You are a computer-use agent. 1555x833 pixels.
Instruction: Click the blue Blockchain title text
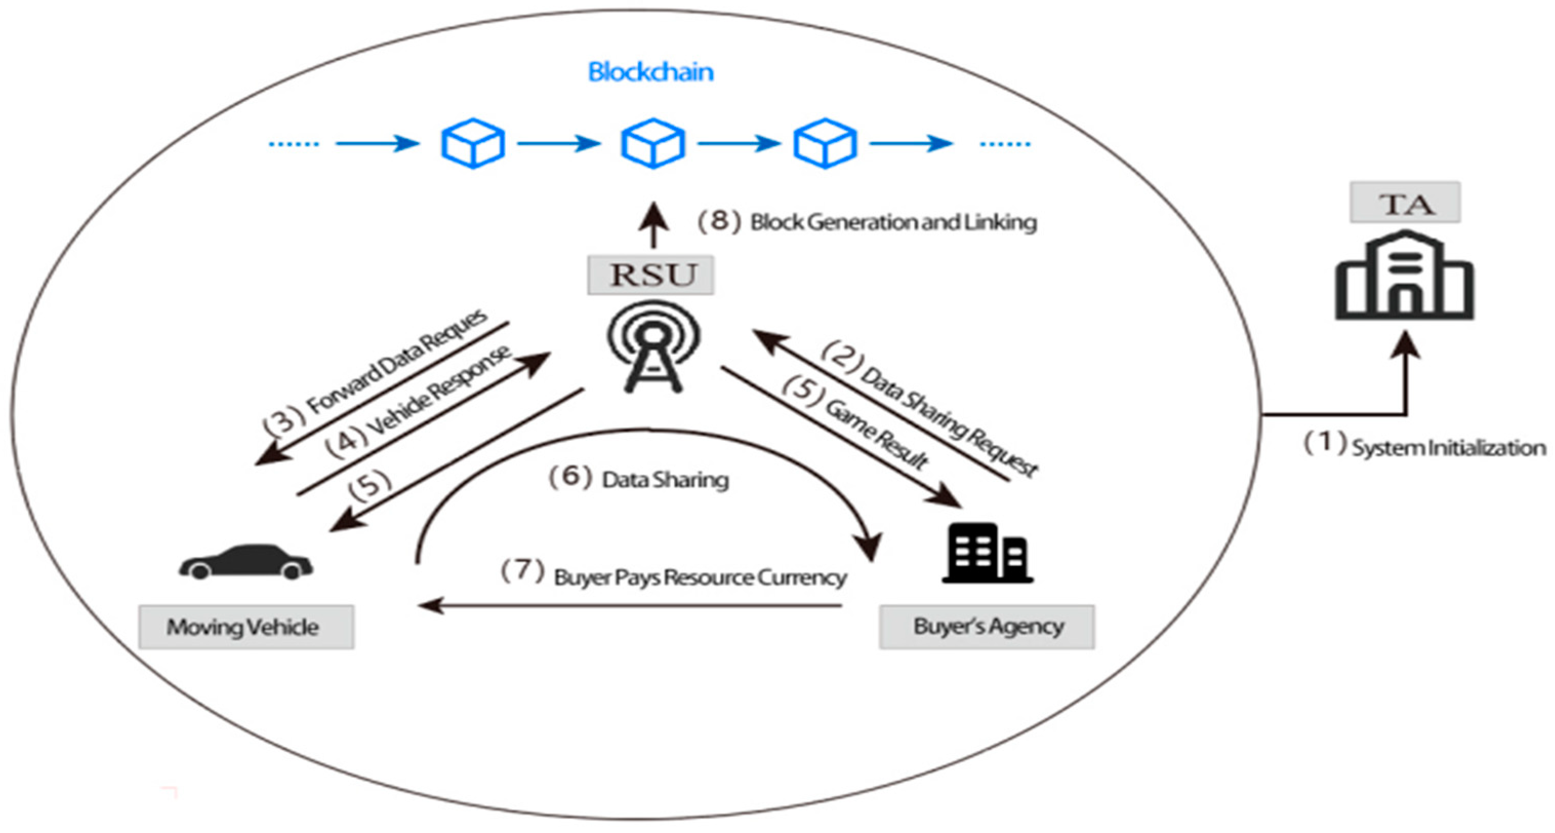(651, 72)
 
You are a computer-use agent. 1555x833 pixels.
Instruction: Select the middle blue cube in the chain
(653, 143)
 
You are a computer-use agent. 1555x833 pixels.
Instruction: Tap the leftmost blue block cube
(473, 143)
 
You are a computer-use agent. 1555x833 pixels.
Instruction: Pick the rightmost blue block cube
(825, 143)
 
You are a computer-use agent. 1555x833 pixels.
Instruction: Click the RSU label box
(651, 275)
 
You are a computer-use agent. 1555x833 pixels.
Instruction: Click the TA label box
(1405, 203)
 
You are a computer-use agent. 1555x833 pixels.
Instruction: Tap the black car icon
(245, 562)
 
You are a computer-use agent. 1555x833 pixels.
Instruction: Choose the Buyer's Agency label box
(987, 626)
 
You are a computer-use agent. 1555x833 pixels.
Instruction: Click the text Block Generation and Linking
(893, 223)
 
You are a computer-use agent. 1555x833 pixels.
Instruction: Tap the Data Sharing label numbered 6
(664, 480)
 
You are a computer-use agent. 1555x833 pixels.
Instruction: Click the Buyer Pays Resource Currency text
(700, 578)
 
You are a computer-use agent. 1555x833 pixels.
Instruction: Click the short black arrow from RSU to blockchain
(653, 226)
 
